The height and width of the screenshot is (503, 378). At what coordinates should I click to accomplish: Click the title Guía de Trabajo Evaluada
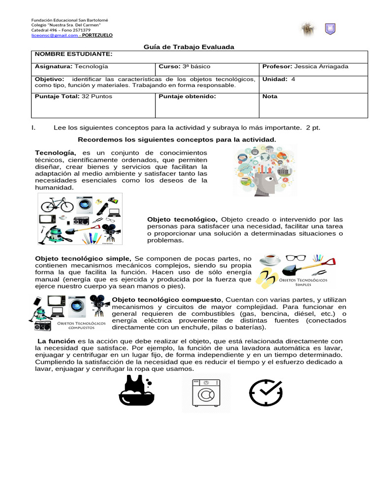(189, 47)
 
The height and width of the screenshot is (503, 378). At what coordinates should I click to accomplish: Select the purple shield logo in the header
(330, 29)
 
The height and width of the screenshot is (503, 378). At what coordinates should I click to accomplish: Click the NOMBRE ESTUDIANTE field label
(73, 54)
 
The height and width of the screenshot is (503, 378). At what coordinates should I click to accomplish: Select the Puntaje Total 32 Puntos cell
(73, 96)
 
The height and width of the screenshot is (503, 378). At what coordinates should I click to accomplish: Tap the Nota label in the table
(270, 96)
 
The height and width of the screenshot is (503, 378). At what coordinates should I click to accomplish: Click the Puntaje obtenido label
(188, 96)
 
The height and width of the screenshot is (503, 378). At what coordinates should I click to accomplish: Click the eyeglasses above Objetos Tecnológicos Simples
(295, 258)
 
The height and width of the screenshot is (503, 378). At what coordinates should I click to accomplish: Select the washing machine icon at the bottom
(206, 393)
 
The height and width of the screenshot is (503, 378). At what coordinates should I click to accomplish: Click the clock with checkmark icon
(266, 393)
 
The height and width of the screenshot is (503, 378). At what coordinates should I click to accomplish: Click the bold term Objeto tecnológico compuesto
(167, 300)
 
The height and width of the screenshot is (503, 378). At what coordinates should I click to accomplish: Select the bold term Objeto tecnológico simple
(83, 258)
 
